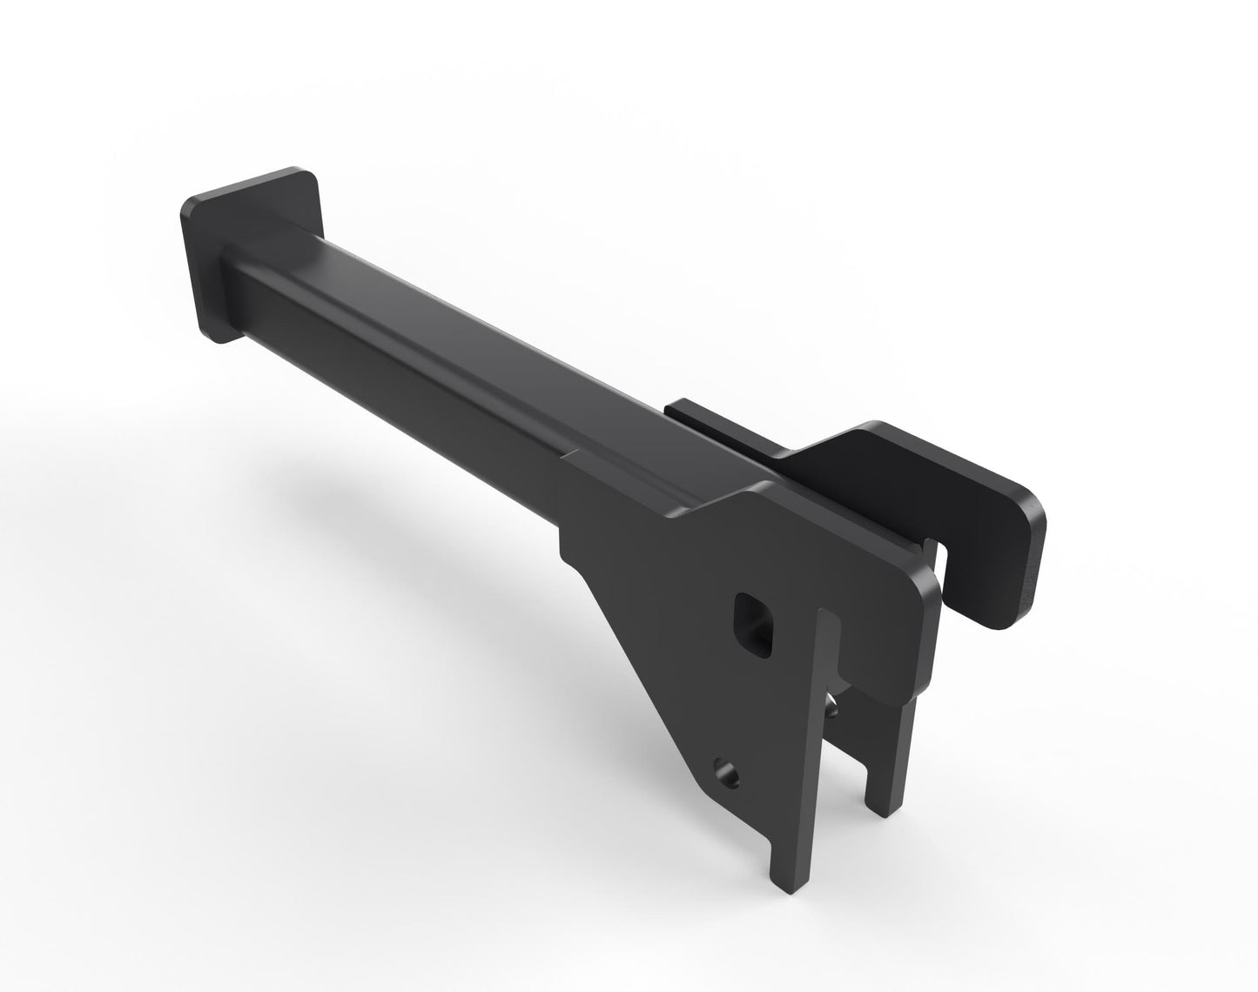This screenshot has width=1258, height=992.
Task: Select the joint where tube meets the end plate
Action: tap(228, 261)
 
